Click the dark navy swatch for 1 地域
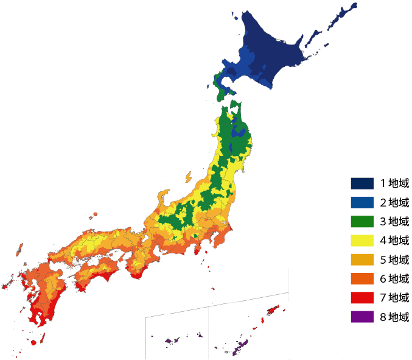click(361, 183)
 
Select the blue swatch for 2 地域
click(361, 202)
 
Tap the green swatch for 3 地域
click(361, 221)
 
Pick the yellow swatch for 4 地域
click(361, 240)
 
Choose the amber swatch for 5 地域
click(361, 259)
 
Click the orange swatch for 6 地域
click(361, 278)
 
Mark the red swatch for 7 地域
click(361, 297)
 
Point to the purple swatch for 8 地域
click(361, 316)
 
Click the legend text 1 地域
click(395, 183)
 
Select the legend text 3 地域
click(395, 221)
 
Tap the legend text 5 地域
click(395, 259)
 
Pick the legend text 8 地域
click(395, 316)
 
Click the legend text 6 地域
click(395, 278)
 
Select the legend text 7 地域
click(395, 297)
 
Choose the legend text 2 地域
click(395, 202)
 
